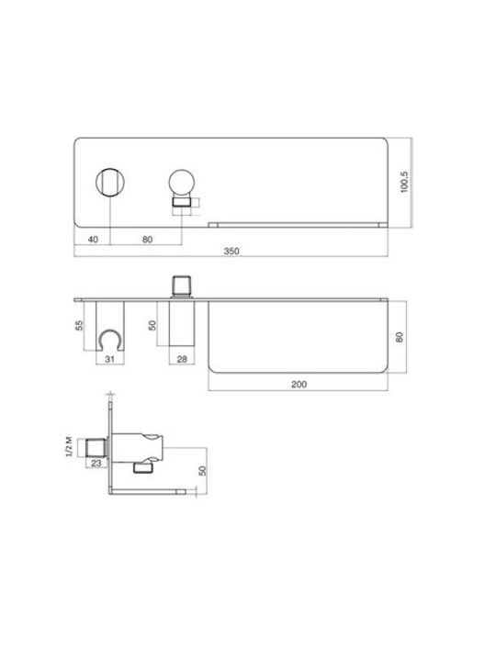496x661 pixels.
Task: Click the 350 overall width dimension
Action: coord(231,252)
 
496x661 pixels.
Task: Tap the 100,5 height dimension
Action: coord(404,182)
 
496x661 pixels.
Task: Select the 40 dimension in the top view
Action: coord(93,240)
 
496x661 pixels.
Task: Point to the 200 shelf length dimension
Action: coord(299,385)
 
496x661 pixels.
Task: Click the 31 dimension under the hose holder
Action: coord(109,359)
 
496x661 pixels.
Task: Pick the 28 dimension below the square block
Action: coord(182,359)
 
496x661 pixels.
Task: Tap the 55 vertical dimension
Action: coord(79,325)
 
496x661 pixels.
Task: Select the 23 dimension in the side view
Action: coord(96,463)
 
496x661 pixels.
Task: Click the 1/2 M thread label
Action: coord(70,447)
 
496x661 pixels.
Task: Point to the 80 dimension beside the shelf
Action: coord(400,337)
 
